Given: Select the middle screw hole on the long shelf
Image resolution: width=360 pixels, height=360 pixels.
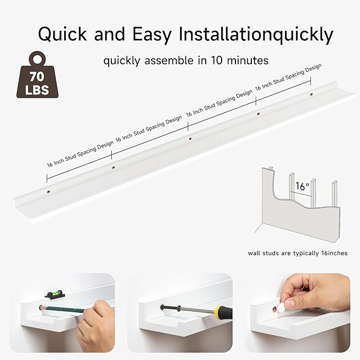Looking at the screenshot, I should click(190, 138).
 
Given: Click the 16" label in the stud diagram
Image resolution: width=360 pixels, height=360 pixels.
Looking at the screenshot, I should click(302, 186).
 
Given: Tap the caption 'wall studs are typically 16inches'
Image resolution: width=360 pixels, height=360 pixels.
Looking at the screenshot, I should click(297, 253).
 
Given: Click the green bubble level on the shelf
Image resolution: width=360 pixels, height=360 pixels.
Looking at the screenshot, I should click(54, 292).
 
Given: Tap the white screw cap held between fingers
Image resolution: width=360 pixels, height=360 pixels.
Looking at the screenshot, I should click(289, 303).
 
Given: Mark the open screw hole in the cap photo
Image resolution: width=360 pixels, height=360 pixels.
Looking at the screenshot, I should click(277, 308).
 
